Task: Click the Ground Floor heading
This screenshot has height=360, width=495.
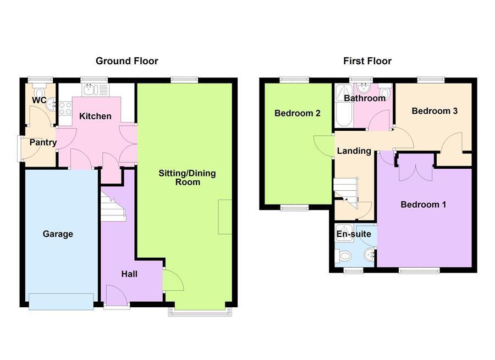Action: click(x=127, y=61)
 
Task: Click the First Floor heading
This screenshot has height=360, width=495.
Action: click(x=367, y=61)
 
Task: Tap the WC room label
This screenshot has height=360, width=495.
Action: click(x=38, y=101)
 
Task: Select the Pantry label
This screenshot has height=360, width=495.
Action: click(x=43, y=143)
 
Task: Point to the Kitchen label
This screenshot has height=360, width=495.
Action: click(x=95, y=116)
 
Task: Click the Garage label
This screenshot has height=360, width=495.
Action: click(x=58, y=234)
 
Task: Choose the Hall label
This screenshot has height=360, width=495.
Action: click(x=129, y=274)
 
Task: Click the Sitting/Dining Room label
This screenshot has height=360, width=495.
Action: click(x=187, y=178)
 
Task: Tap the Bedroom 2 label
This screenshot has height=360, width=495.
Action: click(x=298, y=114)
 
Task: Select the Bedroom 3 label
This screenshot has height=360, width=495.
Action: click(x=435, y=111)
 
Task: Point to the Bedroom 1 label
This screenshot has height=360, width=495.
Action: click(x=423, y=205)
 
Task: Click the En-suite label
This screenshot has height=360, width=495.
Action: click(x=354, y=234)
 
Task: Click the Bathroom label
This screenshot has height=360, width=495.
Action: click(x=365, y=98)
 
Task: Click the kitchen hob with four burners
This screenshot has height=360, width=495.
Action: click(x=65, y=108)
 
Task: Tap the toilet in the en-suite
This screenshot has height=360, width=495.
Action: click(x=344, y=256)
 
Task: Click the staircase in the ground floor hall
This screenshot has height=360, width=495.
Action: click(x=113, y=207)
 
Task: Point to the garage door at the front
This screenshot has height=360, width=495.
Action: click(x=61, y=301)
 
